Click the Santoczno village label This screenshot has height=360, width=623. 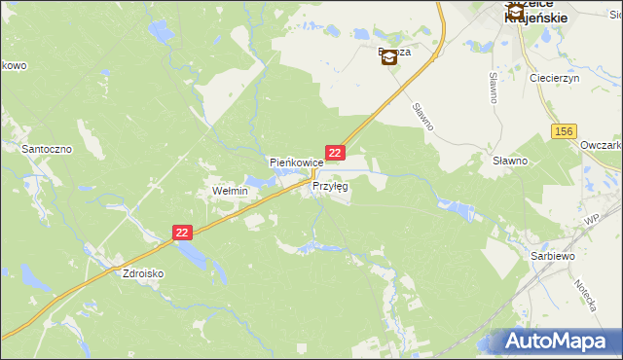(43, 149)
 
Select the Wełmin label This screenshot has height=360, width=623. (231, 192)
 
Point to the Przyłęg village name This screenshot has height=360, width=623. (330, 185)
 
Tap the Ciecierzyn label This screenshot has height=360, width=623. (554, 77)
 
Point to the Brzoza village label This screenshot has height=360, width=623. (393, 53)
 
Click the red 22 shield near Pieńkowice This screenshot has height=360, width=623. (335, 153)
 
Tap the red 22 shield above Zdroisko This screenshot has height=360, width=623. (184, 233)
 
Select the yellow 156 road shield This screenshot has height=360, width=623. (563, 131)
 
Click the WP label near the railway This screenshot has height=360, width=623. (591, 222)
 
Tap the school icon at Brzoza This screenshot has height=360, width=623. (388, 57)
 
